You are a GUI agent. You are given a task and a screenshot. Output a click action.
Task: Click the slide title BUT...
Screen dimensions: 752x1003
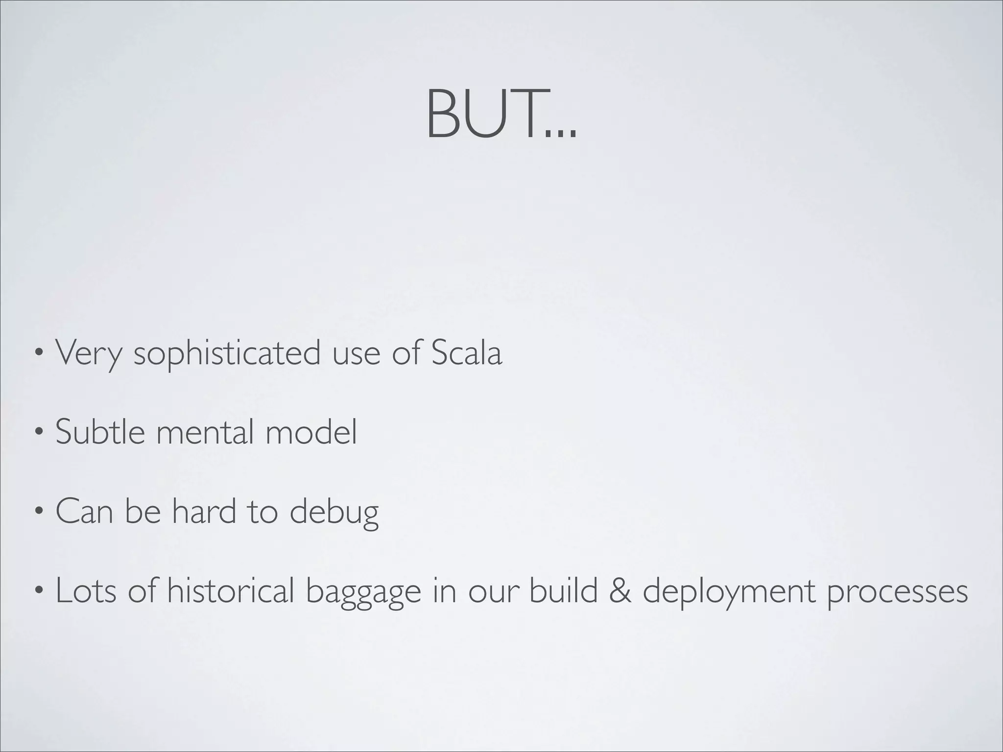(x=501, y=114)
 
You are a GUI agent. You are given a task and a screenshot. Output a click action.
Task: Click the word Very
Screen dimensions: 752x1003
(x=88, y=353)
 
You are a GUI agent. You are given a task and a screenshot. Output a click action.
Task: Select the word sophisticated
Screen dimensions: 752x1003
(x=227, y=353)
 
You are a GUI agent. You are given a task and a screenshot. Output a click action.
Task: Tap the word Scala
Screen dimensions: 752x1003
(x=466, y=352)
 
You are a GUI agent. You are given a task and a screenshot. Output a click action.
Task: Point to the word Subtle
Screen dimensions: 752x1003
(x=100, y=432)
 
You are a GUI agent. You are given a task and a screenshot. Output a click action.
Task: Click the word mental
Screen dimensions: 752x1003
(x=205, y=432)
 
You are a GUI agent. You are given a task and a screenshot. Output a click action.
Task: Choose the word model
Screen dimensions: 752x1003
(x=311, y=432)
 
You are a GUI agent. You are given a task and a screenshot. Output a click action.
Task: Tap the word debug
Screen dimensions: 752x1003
(x=334, y=512)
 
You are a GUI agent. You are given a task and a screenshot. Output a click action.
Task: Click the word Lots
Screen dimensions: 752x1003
(x=86, y=590)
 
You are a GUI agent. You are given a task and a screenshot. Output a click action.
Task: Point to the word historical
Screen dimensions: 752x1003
(x=230, y=590)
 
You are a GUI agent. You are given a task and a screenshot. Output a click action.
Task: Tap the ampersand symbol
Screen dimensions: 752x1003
(x=620, y=591)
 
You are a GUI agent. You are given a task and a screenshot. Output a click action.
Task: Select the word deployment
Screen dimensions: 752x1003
(x=729, y=591)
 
